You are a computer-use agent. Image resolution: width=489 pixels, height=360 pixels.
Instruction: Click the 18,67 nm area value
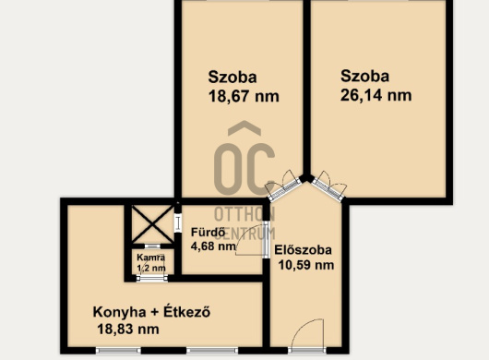click(244, 96)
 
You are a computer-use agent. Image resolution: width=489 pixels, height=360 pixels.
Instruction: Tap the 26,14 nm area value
click(376, 95)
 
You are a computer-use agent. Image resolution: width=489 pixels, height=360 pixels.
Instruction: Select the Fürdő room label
click(208, 233)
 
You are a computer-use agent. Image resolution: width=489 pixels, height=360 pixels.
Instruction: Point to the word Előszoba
click(303, 250)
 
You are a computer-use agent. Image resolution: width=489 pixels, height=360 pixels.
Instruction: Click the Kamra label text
click(151, 258)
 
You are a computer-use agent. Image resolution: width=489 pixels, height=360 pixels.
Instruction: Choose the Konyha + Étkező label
click(151, 312)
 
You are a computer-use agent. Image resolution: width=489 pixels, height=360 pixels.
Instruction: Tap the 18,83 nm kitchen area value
click(128, 330)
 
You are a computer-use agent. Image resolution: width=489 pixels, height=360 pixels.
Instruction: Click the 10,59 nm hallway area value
click(306, 265)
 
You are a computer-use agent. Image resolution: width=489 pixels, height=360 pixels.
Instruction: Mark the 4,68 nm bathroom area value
click(213, 246)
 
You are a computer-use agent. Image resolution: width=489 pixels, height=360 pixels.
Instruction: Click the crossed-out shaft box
click(152, 224)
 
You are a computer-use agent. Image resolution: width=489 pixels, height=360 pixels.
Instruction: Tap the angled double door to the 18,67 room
click(283, 186)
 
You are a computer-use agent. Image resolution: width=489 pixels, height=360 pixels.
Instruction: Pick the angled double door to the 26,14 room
click(329, 186)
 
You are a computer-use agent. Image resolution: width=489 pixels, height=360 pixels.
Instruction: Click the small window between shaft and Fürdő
click(178, 222)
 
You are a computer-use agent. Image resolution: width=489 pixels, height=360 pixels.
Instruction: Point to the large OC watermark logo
click(244, 169)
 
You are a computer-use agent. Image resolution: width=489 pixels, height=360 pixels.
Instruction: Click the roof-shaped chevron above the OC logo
click(244, 128)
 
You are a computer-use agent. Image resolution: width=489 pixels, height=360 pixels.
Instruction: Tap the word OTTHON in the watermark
click(244, 215)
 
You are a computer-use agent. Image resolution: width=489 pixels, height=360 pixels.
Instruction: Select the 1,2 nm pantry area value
click(151, 268)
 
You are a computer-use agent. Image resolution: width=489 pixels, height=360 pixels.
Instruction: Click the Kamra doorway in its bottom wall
click(152, 278)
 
